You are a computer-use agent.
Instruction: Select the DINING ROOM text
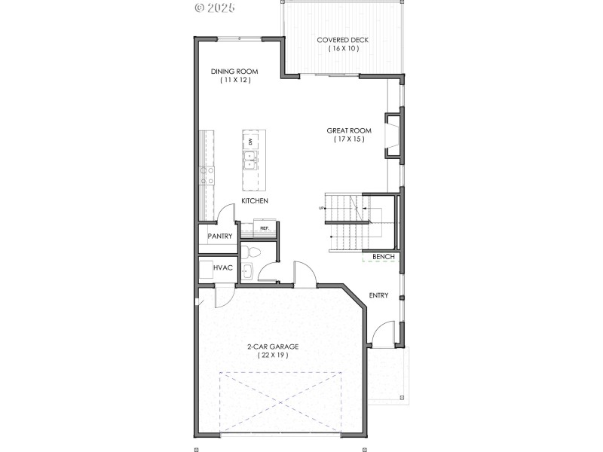click(x=234, y=72)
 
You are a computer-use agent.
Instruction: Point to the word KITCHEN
click(x=255, y=200)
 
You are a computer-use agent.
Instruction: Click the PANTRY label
click(x=220, y=237)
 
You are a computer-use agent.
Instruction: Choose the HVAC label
click(x=222, y=267)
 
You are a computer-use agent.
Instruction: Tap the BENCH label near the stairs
click(x=383, y=257)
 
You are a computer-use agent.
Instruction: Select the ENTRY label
click(x=378, y=295)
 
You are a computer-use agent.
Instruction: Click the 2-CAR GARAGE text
click(x=274, y=347)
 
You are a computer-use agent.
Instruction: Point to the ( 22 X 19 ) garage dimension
click(x=274, y=355)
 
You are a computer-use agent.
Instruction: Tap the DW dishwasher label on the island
click(x=250, y=142)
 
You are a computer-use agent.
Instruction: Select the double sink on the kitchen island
click(x=249, y=160)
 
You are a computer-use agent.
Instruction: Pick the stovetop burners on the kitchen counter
click(x=207, y=176)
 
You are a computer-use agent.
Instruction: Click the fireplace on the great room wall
click(x=393, y=136)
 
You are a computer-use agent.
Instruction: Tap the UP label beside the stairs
click(x=322, y=208)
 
